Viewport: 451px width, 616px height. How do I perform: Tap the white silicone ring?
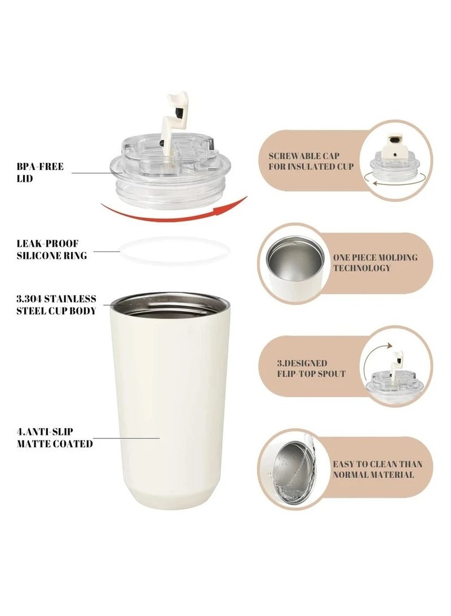pos(175,251)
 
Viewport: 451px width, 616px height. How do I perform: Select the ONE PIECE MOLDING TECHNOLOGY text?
pos(375,262)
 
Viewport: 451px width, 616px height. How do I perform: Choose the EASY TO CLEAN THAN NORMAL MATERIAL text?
pos(377,469)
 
